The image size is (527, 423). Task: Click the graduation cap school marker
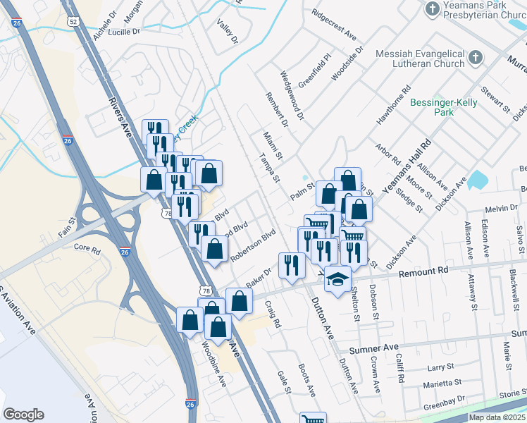point(337,278)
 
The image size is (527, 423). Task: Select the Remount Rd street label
point(423,271)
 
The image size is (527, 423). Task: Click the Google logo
point(23,415)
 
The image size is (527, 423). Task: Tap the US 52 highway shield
point(73,23)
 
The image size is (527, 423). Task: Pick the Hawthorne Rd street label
point(393,106)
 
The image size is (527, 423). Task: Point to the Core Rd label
point(87,249)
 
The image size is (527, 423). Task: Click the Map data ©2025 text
point(496,417)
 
